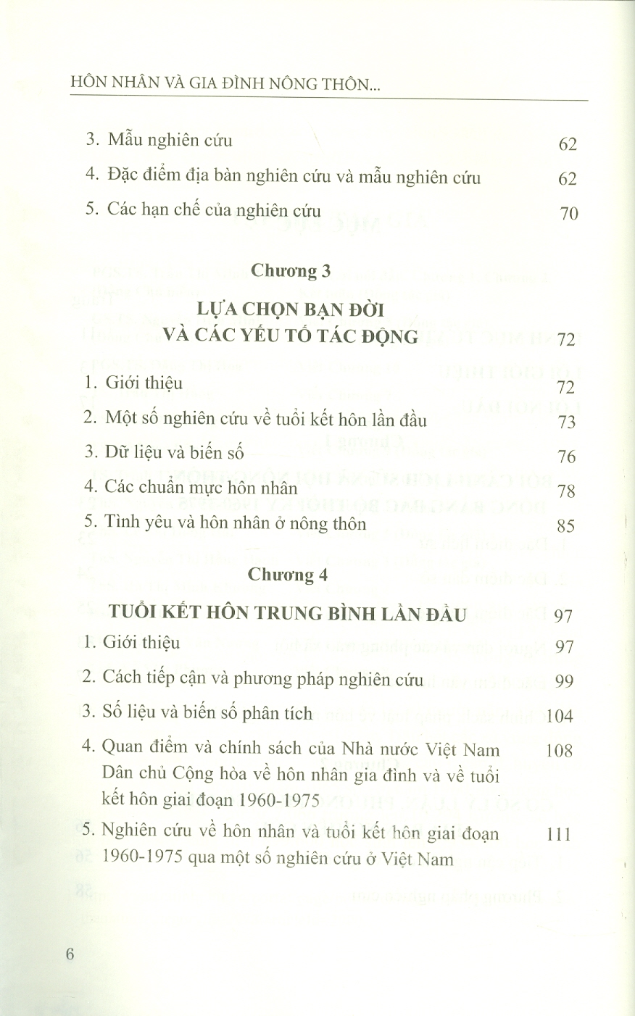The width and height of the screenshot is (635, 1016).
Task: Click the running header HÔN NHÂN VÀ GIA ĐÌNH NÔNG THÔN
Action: pos(225,86)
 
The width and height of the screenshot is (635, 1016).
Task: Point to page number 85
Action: pos(567,525)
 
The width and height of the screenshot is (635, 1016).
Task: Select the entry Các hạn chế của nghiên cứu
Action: pos(202,211)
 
